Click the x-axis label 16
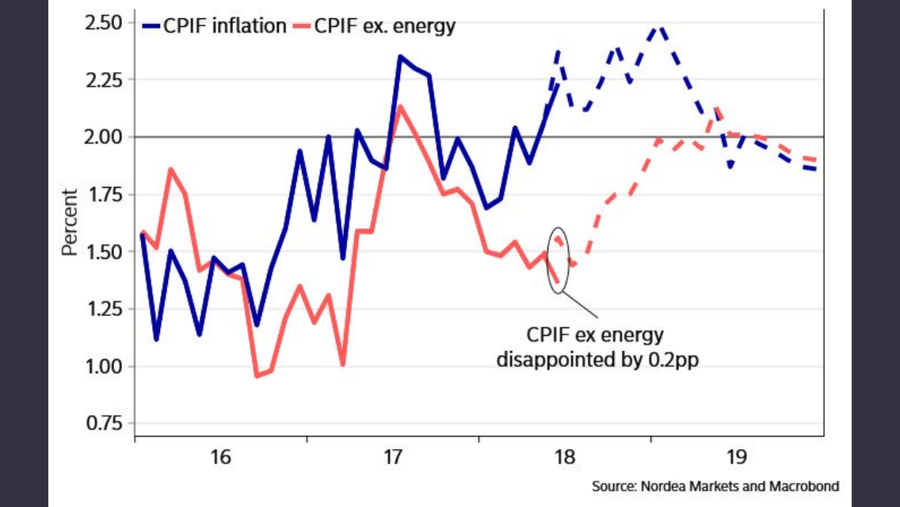220,457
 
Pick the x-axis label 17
393,457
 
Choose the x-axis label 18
565,457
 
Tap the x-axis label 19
737,457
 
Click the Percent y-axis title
70,222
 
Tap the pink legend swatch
302,26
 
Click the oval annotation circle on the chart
559,259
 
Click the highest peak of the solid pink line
401,106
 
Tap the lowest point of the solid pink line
256,375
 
